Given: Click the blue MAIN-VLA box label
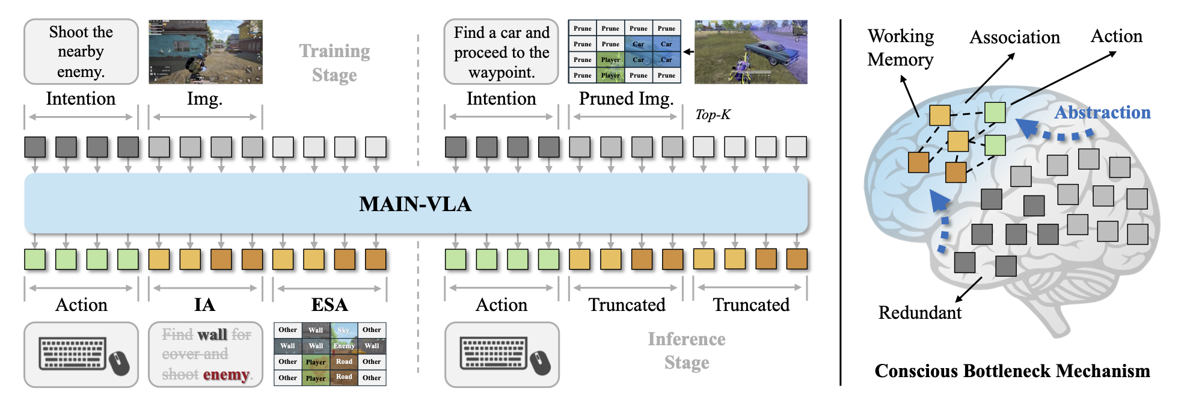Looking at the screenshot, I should [415, 204].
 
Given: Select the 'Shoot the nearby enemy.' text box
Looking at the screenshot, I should [81, 52].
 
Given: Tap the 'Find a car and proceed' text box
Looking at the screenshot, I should [501, 52].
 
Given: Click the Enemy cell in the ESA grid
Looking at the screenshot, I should [344, 346].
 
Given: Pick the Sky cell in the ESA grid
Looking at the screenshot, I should [344, 330].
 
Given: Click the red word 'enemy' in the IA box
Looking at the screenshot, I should [225, 375].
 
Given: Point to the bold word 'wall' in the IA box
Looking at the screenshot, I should [212, 334].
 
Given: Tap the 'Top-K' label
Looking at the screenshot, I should [713, 115].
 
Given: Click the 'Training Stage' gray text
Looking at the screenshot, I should [334, 63].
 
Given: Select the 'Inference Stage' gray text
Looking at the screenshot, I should [687, 351].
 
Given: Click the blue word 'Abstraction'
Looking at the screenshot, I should [1102, 112].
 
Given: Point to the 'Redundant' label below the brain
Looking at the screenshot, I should [919, 313].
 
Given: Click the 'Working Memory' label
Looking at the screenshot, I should [900, 48].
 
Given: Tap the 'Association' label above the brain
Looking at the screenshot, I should [1014, 37].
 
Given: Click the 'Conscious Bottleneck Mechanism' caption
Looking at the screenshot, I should [1012, 371].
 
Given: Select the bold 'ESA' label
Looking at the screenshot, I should [330, 305].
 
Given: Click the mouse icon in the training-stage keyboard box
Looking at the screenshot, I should [120, 363].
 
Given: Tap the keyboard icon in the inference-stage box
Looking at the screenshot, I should [493, 353].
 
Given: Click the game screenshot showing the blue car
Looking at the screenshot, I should [750, 52].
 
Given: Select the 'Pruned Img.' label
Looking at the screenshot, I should [626, 99].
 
